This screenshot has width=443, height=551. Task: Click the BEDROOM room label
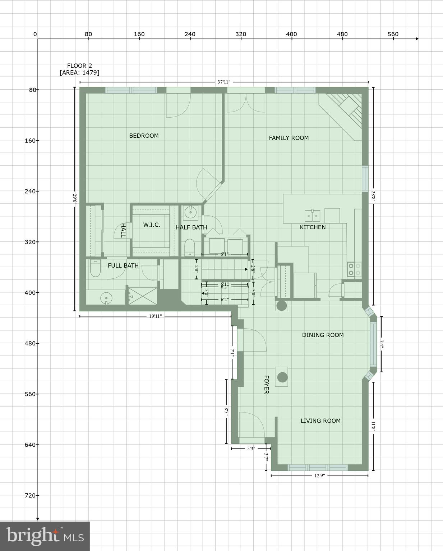click(144, 136)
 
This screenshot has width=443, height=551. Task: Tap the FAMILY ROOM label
click(289, 138)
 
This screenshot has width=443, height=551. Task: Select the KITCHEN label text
click(313, 227)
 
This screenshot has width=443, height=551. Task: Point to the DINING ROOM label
click(323, 335)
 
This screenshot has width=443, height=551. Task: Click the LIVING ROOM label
click(320, 421)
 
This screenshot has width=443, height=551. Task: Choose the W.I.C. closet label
click(152, 225)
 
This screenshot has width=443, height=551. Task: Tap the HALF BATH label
click(191, 227)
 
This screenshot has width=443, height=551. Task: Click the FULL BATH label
click(123, 265)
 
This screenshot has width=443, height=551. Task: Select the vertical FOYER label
click(266, 385)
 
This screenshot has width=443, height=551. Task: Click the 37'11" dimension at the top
click(224, 82)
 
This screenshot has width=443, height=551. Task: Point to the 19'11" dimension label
click(155, 316)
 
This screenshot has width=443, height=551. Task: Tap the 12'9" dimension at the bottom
click(319, 476)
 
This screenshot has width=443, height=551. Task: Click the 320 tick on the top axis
click(241, 34)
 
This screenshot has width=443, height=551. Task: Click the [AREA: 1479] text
click(79, 72)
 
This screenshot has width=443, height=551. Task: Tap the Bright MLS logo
click(45, 536)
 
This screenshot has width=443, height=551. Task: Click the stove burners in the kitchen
click(354, 269)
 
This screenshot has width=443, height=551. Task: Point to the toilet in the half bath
click(189, 248)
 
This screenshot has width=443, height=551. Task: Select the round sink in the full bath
click(106, 298)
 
